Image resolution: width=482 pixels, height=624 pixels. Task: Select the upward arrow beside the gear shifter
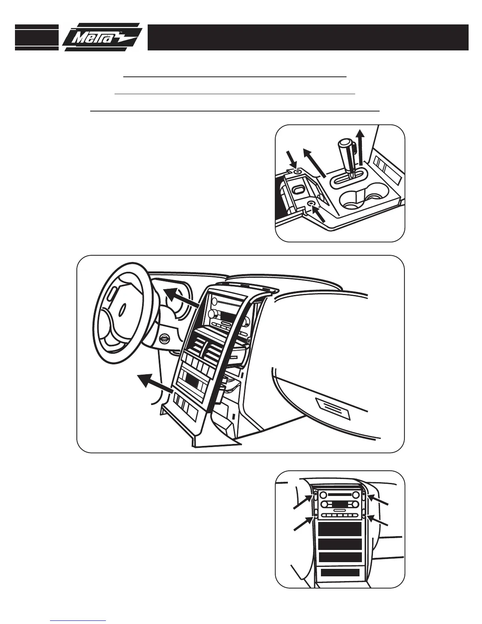point(359,148)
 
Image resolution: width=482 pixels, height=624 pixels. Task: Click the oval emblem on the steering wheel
point(122,308)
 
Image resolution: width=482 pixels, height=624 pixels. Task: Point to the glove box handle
point(333,405)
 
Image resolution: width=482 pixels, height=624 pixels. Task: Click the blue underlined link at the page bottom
point(78,620)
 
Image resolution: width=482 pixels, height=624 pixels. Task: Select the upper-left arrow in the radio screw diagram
point(303,502)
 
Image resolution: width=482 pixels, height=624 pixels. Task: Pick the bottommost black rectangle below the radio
point(339,573)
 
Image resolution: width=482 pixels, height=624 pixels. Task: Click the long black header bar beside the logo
point(308,37)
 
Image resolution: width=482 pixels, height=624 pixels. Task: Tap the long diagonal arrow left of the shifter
point(314,163)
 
